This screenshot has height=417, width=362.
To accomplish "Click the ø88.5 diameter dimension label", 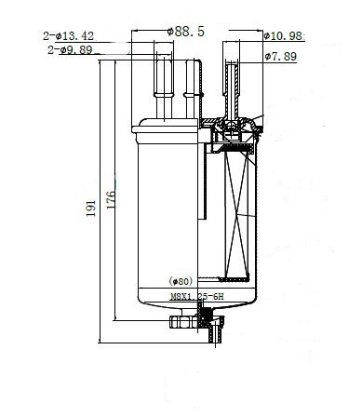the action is coord(186,32).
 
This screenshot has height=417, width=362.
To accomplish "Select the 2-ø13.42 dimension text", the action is coord(69,36).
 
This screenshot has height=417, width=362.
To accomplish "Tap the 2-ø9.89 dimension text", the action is coord(70,49).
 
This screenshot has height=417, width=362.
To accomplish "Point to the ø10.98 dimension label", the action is coord(284,36).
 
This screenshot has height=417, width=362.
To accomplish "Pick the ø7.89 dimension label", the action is coord(281,57).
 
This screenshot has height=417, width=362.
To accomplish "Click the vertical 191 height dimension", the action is coord(91,208).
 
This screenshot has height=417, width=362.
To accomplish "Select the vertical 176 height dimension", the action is coord(111,200).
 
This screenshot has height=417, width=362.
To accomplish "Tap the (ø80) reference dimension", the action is coord(181,281).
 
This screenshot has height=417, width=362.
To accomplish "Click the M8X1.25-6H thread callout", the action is coord(197,297).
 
